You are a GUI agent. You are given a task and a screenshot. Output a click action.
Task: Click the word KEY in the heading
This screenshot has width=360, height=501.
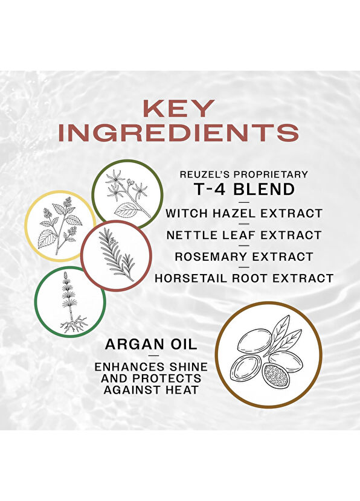[179, 108]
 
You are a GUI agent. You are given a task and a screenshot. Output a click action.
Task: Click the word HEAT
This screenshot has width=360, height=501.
[182, 390]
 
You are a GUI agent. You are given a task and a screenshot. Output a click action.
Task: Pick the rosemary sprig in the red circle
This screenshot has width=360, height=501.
[117, 255]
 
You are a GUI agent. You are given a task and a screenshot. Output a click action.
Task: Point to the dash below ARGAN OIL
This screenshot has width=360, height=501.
[154, 356]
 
